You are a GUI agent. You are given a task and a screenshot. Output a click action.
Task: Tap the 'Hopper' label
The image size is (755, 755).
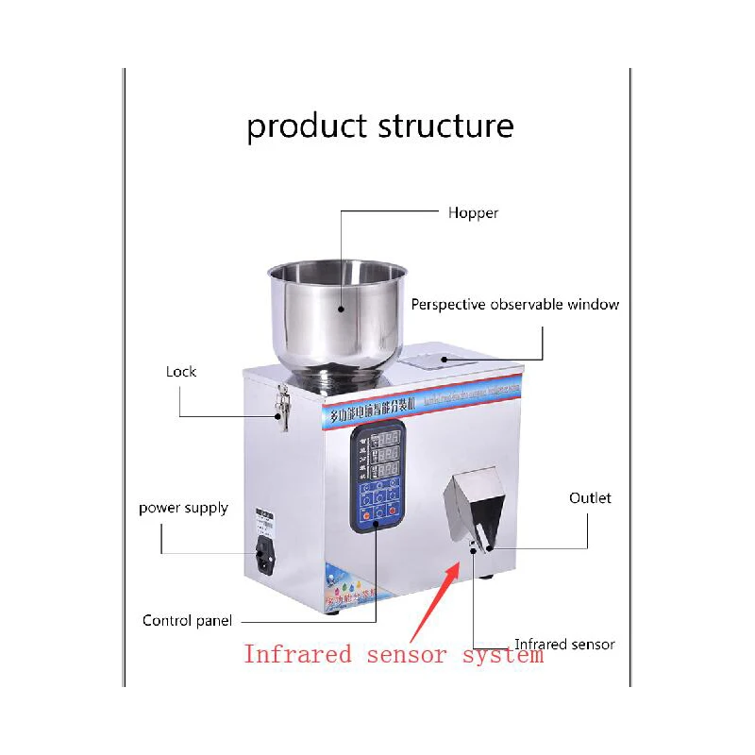[473, 213]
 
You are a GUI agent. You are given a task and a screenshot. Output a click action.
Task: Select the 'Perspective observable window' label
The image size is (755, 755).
[515, 305]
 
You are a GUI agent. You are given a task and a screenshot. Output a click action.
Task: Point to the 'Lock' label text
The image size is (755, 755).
[181, 372]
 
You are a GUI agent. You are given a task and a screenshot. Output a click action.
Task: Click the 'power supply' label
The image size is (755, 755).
[183, 508]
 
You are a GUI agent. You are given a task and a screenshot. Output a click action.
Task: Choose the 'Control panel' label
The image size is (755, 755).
[187, 621]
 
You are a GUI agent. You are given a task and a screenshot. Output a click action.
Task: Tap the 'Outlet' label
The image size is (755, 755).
[590, 497]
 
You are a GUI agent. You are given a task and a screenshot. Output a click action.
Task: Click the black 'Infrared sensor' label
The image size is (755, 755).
[564, 645]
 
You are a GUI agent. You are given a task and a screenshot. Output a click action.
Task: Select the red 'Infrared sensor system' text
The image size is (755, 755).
[394, 654]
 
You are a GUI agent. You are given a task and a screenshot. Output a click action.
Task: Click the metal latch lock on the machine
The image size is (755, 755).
[281, 408]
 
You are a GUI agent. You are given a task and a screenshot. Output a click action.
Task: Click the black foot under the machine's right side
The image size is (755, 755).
[485, 574]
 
